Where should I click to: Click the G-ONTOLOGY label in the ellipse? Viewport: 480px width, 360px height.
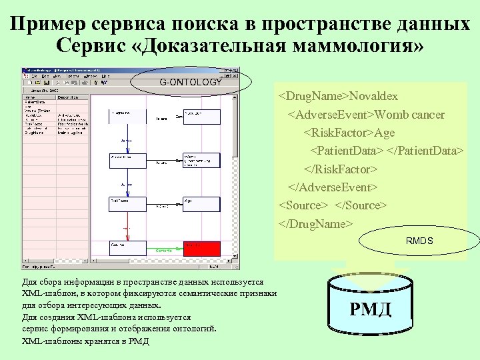click(x=190, y=82)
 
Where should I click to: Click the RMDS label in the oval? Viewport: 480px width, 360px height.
click(x=419, y=241)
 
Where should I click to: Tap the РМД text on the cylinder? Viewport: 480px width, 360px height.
click(x=370, y=309)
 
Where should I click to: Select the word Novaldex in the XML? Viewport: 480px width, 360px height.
click(x=377, y=97)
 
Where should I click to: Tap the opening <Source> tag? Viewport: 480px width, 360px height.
click(x=303, y=205)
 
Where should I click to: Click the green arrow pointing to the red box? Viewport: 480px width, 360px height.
click(x=164, y=249)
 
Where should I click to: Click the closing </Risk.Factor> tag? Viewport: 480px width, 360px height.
click(x=341, y=169)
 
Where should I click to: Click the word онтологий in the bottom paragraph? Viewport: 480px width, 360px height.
click(x=193, y=329)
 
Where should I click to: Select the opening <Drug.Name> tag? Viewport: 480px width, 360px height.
click(x=314, y=97)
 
